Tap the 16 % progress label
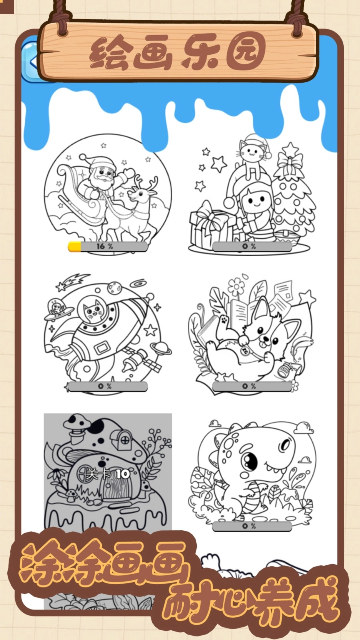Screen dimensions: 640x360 click(x=104, y=246)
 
